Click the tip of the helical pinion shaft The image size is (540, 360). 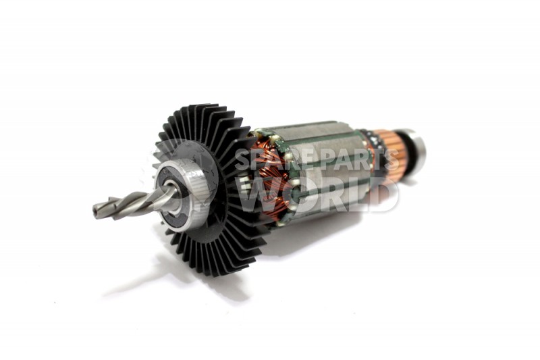(94, 209)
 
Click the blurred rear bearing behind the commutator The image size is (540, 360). (414, 151)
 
